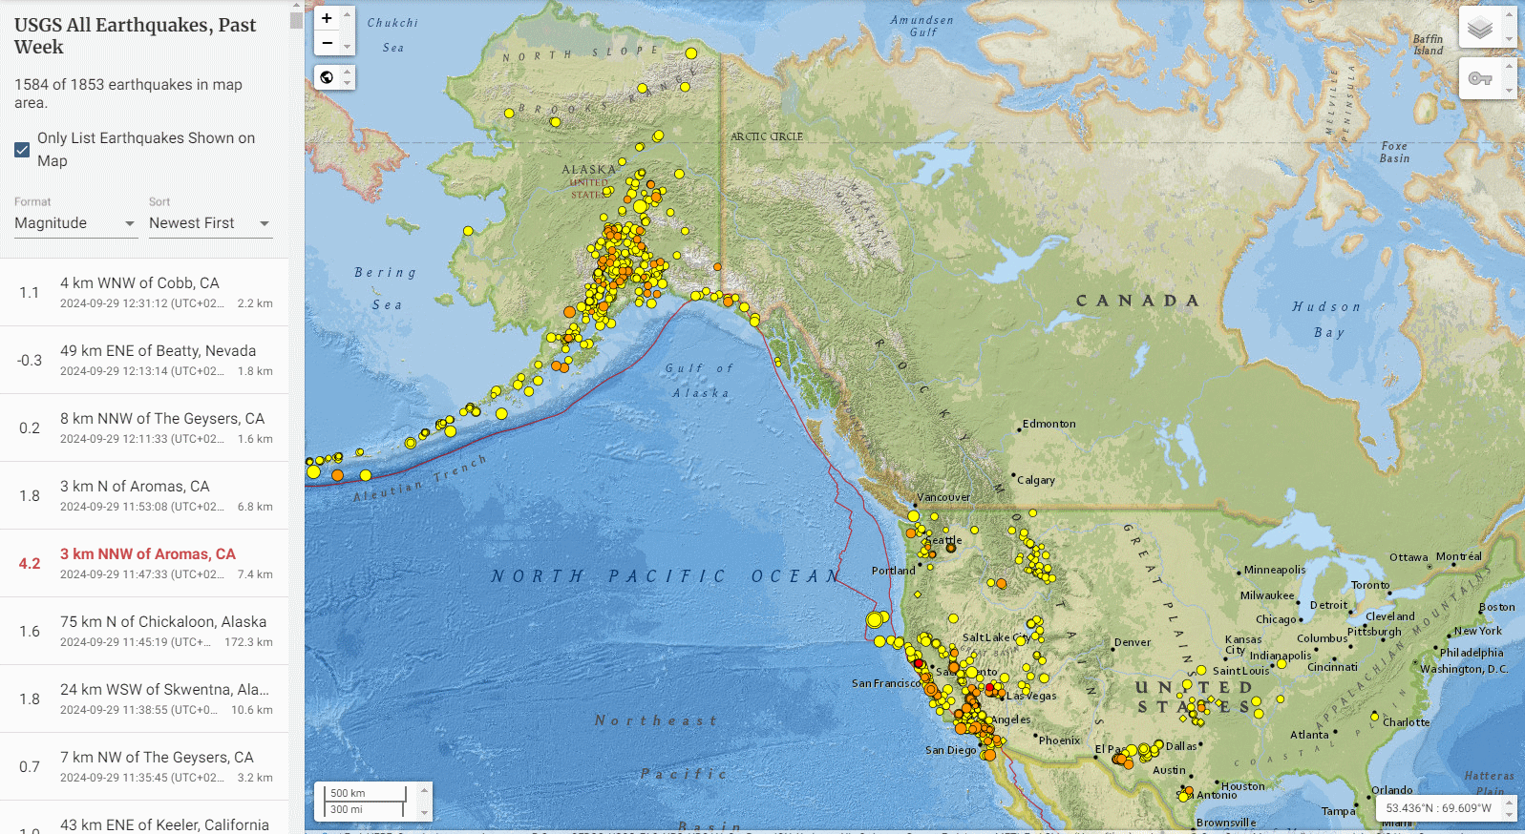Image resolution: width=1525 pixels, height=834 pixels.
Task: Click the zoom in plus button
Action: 327,18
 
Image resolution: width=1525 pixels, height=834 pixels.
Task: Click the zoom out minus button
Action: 327,43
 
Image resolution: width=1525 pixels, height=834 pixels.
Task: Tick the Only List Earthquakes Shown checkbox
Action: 22,150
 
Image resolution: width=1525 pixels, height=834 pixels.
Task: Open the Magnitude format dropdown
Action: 75,223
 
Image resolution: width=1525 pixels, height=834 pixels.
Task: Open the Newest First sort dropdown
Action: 210,223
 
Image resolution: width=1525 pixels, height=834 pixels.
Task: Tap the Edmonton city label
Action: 1048,424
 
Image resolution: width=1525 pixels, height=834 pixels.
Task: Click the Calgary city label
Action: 1036,480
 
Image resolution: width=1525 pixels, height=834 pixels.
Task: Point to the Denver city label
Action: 1133,642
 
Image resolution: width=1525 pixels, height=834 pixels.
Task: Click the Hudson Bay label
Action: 1327,319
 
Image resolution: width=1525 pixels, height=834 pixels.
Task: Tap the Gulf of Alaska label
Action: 700,380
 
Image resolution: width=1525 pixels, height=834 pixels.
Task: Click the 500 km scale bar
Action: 367,793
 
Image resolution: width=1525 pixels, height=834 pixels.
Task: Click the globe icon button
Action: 327,77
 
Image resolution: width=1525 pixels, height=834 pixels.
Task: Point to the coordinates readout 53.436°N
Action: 1438,808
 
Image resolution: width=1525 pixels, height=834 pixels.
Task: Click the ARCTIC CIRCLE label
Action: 767,136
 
